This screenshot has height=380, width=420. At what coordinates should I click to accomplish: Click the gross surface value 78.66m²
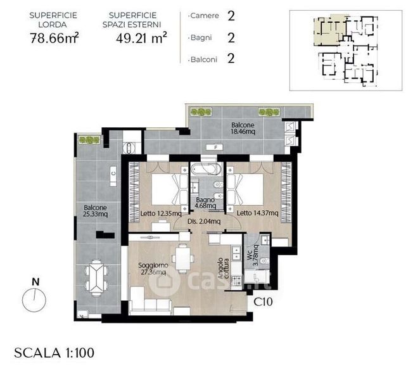(x=54, y=38)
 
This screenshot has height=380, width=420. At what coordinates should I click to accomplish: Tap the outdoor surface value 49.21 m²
(x=141, y=38)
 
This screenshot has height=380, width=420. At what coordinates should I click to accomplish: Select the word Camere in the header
(x=205, y=16)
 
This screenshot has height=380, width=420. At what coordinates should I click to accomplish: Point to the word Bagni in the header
(x=201, y=38)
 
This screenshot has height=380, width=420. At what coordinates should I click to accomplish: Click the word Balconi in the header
(x=204, y=60)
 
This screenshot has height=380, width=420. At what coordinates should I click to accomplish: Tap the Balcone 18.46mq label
(x=243, y=129)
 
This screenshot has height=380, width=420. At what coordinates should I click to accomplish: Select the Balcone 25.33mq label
(x=96, y=211)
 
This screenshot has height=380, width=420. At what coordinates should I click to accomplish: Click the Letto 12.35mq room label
(x=161, y=213)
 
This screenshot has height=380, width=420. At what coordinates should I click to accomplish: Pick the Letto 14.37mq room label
(x=257, y=213)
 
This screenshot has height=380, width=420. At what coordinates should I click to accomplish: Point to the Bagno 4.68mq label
(x=205, y=203)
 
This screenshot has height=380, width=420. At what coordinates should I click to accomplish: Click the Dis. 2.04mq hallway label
(x=204, y=222)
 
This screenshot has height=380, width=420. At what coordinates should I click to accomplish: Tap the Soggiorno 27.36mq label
(x=153, y=269)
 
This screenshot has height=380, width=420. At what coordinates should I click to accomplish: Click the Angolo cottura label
(x=224, y=269)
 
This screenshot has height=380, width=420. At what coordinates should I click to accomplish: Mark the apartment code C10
(x=263, y=302)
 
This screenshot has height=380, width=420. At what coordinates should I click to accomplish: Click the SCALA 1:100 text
(x=54, y=353)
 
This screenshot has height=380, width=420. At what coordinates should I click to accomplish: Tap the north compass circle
(x=34, y=300)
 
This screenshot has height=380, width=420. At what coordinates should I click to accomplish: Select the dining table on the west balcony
(x=96, y=277)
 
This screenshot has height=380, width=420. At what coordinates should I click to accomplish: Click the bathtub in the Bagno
(x=206, y=169)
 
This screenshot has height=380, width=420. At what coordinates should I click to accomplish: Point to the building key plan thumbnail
(x=346, y=50)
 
